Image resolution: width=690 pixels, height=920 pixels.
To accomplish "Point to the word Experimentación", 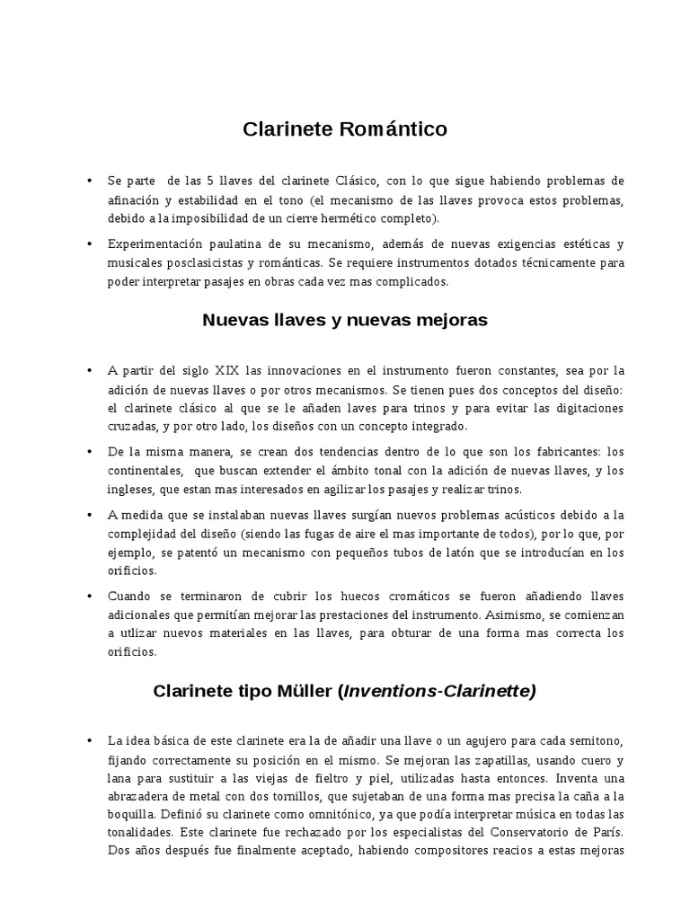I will pos(158,243).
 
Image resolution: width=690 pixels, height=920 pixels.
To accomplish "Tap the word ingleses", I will pos(133,489).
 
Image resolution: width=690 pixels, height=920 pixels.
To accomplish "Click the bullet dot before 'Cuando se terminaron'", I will pos(89,596).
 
